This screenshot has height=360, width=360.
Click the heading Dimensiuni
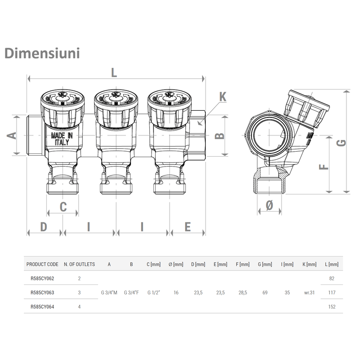pos(42,52)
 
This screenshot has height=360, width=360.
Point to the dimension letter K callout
pos(222,96)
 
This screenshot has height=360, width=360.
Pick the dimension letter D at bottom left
pos(43,226)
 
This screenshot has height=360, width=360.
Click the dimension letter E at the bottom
pos(188,226)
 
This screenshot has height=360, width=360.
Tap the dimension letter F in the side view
pos(323,167)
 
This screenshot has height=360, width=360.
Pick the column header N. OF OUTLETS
pos(79,264)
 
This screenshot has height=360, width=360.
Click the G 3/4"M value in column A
pos(109,292)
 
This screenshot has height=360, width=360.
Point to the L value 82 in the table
pos(332,279)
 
